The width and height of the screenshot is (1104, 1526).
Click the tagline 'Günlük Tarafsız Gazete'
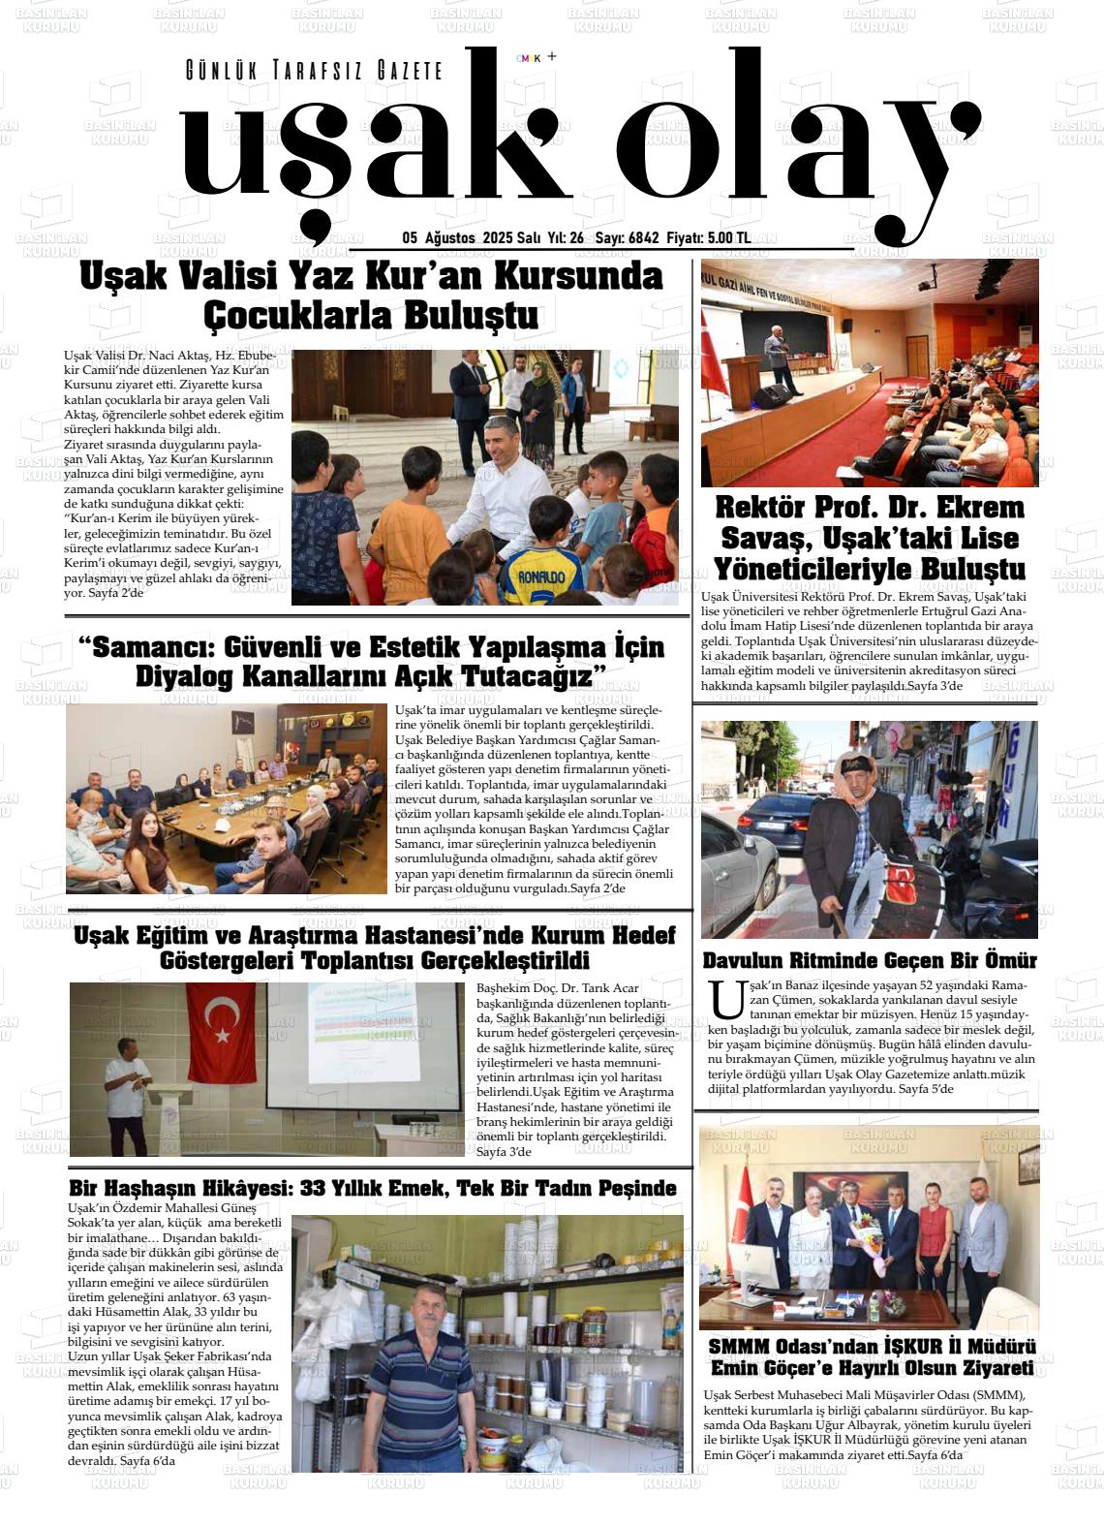coord(314,71)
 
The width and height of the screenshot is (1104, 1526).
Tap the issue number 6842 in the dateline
coord(643,238)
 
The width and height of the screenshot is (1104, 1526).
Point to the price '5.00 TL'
coord(729,238)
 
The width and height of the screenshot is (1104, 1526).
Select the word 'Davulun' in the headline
coord(742,961)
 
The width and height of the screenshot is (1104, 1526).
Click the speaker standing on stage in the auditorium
coord(780,354)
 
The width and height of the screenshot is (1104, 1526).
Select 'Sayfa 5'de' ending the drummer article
coord(926,1089)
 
